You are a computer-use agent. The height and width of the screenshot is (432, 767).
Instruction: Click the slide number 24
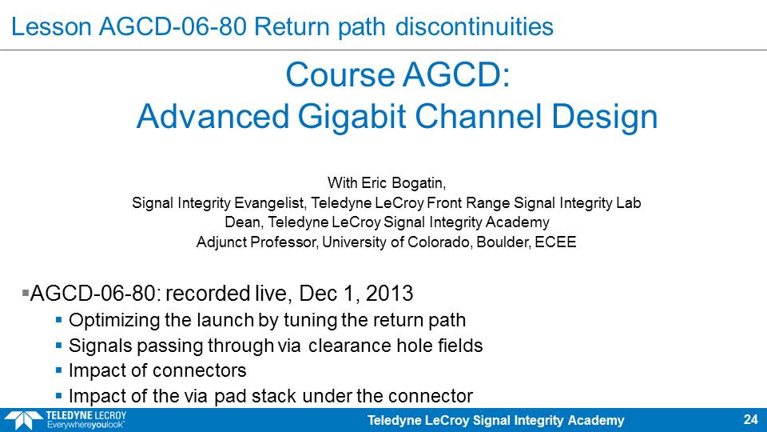pyautogui.click(x=750, y=419)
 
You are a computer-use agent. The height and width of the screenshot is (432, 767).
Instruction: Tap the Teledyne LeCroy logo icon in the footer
pyautogui.click(x=23, y=421)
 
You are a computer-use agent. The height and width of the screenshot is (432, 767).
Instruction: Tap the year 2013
pyautogui.click(x=389, y=294)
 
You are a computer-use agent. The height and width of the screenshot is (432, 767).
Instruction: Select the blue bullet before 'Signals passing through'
pyautogui.click(x=58, y=346)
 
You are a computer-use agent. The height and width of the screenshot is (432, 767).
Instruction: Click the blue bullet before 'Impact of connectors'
pyautogui.click(x=58, y=370)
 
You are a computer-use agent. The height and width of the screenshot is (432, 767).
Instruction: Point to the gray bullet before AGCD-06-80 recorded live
pyautogui.click(x=26, y=293)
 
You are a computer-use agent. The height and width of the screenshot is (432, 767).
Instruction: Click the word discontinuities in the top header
pyautogui.click(x=474, y=26)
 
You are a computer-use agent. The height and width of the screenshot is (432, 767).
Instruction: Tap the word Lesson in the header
pyautogui.click(x=51, y=26)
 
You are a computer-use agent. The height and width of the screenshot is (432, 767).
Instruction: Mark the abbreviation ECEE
pyautogui.click(x=555, y=242)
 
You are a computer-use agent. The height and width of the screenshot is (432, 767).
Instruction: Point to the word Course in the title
pyautogui.click(x=340, y=75)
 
